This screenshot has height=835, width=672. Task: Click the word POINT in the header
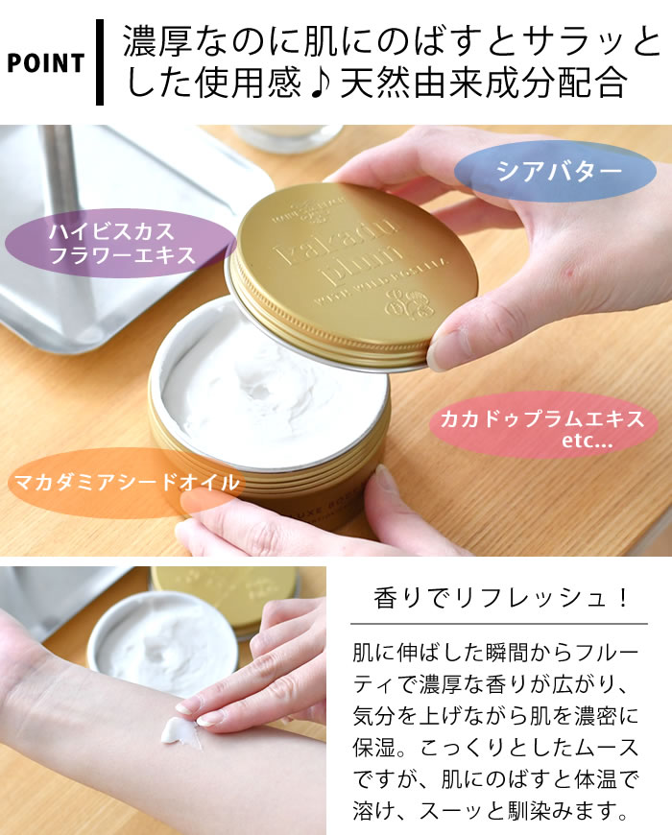pyautogui.click(x=45, y=64)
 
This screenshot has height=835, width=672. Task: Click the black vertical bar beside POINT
pyautogui.click(x=99, y=64)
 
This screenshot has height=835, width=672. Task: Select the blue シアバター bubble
pyautogui.click(x=551, y=172)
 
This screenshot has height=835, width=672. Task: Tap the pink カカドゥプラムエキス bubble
pyautogui.click(x=542, y=430)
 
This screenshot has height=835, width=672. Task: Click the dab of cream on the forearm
pyautogui.click(x=183, y=731)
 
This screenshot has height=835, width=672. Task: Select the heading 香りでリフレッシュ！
pyautogui.click(x=501, y=598)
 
